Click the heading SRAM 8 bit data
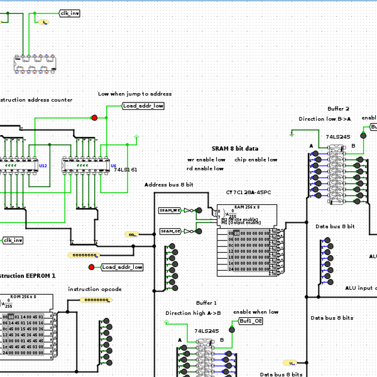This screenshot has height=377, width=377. pyautogui.click(x=234, y=148)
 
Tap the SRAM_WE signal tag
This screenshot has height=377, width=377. pyautogui.click(x=170, y=210)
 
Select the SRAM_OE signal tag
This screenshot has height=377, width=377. pyautogui.click(x=170, y=231)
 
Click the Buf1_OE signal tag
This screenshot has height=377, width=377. pyautogui.click(x=251, y=320)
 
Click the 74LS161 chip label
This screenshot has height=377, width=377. pyautogui.click(x=125, y=170)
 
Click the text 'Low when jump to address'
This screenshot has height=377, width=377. pyautogui.click(x=134, y=94)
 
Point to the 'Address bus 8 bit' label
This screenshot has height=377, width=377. pyautogui.click(x=168, y=185)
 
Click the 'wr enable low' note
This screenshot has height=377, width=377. pyautogui.click(x=206, y=160)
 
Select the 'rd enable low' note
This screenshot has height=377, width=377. pyautogui.click(x=205, y=168)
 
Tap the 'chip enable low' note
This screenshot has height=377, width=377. pyautogui.click(x=256, y=160)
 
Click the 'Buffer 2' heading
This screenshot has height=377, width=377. pyautogui.click(x=338, y=109)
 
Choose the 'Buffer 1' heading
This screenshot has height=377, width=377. pyautogui.click(x=205, y=302)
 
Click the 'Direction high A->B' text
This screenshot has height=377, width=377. pyautogui.click(x=193, y=312)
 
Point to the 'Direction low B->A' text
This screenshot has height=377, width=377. pyautogui.click(x=324, y=119)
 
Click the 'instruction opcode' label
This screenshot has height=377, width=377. pyautogui.click(x=94, y=289)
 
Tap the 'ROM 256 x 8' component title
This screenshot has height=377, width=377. pyautogui.click(x=23, y=296)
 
